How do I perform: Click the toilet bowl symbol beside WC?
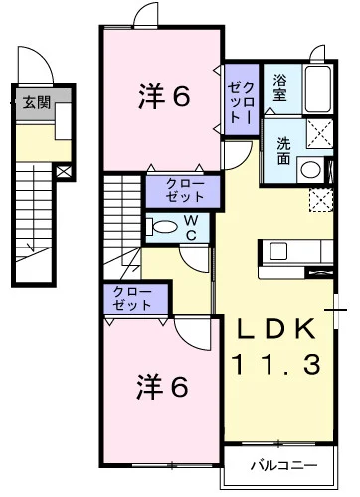coord(159,227)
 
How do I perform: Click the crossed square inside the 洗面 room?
coord(318,133)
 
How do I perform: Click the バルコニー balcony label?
coord(281,465)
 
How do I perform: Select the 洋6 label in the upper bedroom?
coord(163,96)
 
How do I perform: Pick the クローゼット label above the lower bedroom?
coord(131,298)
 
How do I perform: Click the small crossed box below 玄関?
coord(64,171)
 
